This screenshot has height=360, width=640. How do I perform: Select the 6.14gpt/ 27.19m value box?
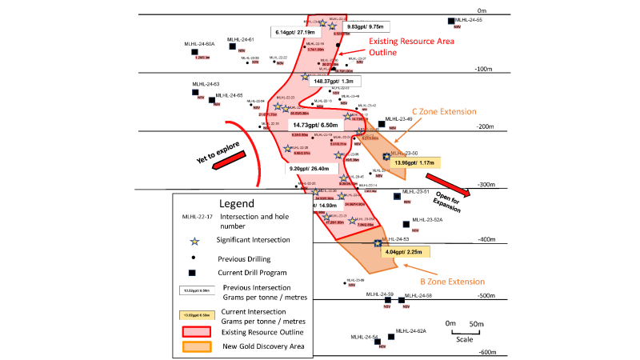(295, 32)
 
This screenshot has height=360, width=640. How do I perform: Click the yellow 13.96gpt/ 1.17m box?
(414, 162)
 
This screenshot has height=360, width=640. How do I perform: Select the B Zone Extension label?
(452, 282)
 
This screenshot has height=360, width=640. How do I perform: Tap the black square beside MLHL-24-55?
(451, 22)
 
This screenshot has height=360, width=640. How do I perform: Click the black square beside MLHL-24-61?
(233, 46)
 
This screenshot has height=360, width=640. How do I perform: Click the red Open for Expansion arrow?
(441, 182)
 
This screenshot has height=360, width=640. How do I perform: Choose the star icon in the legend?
(193, 240)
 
